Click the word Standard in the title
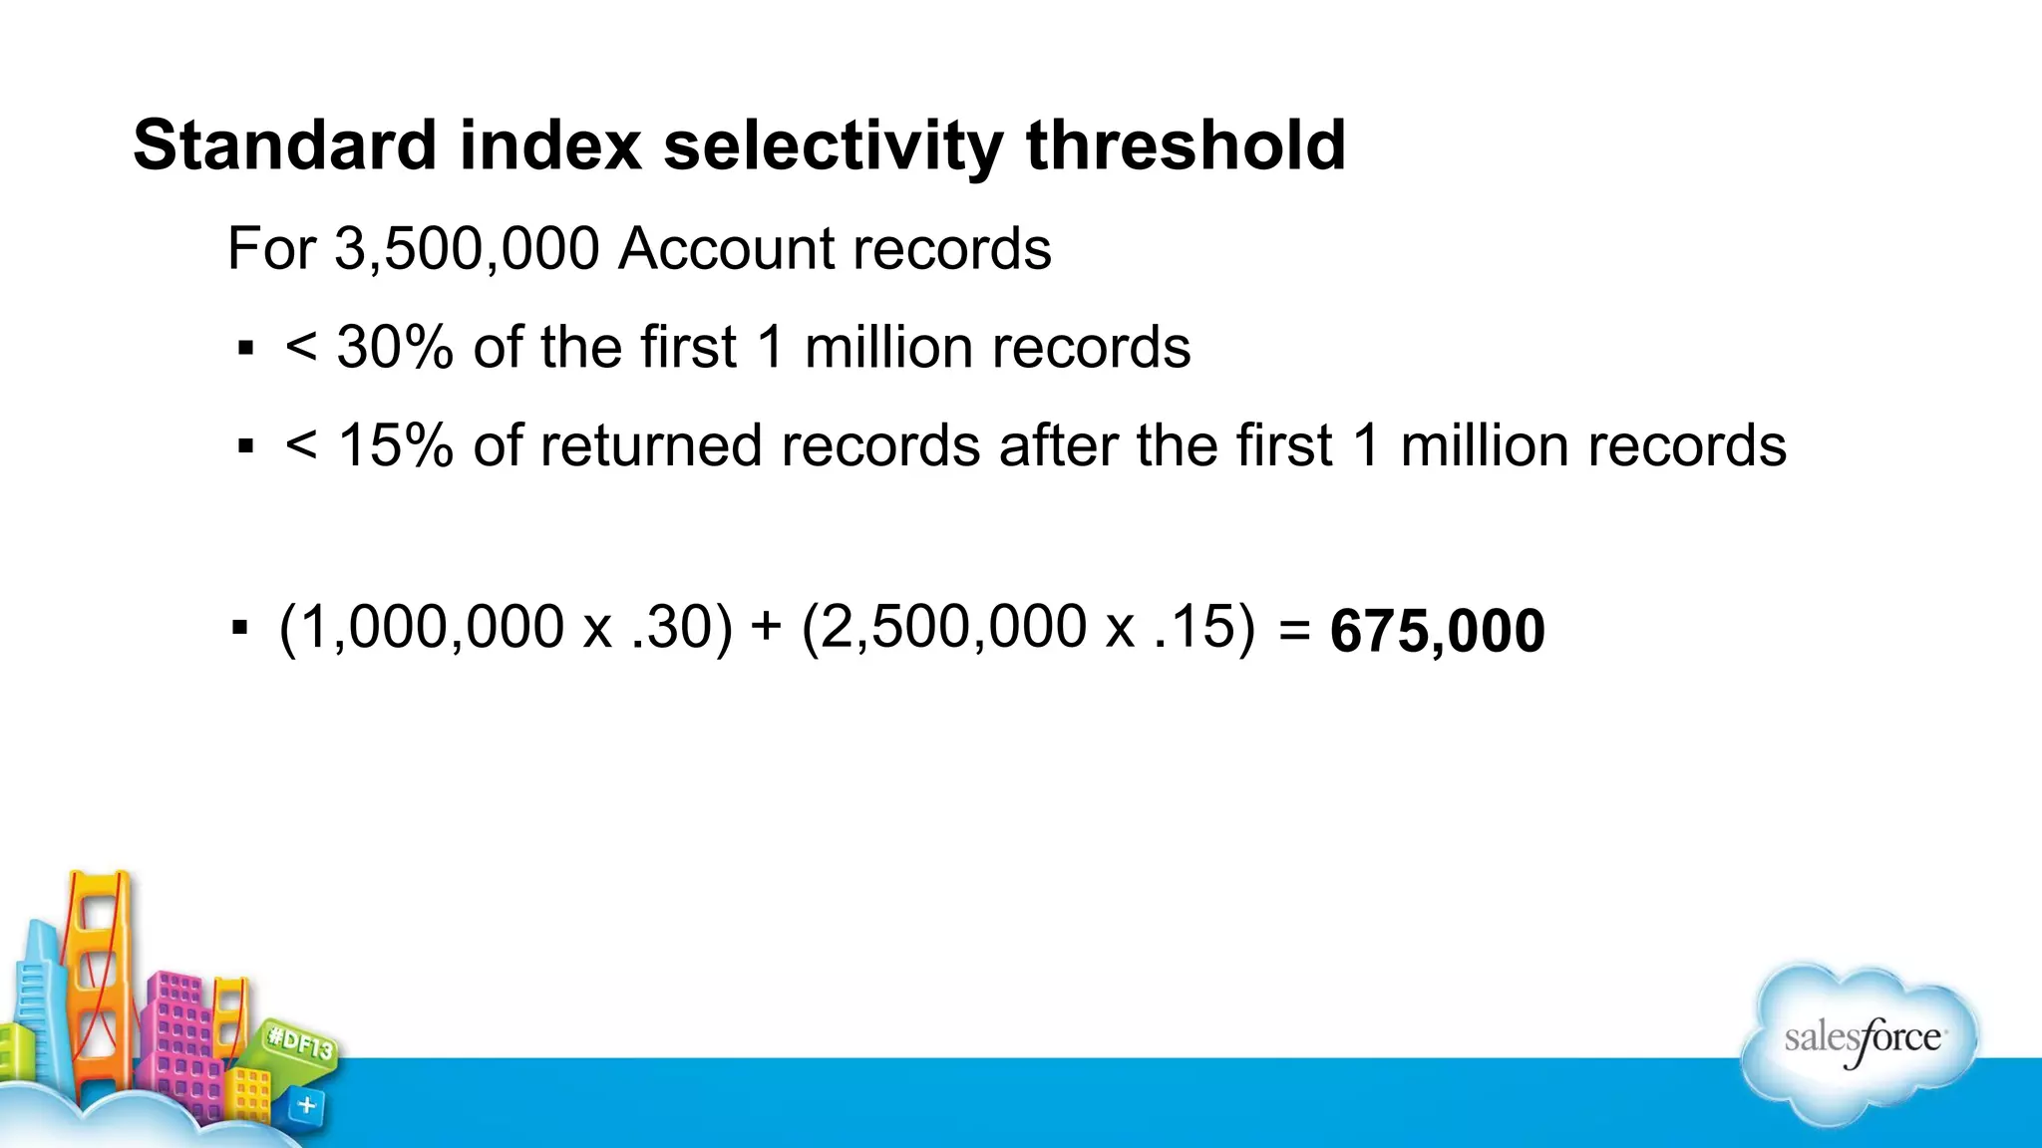point(284,145)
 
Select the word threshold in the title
point(1186,145)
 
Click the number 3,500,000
point(467,248)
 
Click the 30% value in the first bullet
point(395,348)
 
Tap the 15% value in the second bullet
point(396,445)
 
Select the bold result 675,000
point(1437,632)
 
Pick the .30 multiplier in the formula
point(671,628)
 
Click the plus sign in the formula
point(766,627)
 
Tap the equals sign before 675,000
point(1293,630)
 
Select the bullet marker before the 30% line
point(245,349)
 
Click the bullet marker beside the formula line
point(239,628)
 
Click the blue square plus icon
point(307,1105)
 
